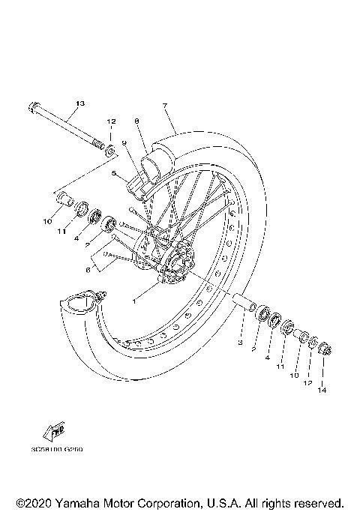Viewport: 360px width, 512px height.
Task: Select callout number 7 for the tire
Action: click(164, 106)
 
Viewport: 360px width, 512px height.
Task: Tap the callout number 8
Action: click(137, 121)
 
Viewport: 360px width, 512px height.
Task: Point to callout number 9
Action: click(123, 143)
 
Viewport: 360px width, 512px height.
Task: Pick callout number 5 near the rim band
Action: click(114, 173)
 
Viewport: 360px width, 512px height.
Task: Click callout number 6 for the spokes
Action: click(87, 269)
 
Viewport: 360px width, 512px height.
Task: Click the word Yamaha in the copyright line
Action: click(82, 502)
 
